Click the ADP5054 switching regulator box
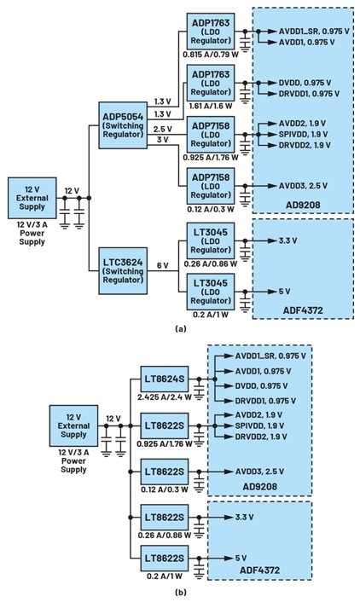pos(123,125)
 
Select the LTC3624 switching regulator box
pos(123,271)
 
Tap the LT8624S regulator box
pos(165,379)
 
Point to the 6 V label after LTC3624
pos(162,266)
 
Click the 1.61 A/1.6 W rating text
pos(211,106)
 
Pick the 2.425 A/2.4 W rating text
pos(165,397)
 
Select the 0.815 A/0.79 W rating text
pos(211,54)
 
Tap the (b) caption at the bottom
pos(180,593)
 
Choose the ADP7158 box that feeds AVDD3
pos(211,186)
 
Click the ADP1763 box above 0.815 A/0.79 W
pos(211,31)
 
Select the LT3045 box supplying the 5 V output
pos(211,292)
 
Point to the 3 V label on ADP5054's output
pos(163,140)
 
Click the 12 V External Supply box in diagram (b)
pos(73,425)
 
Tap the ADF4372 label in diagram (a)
pos(303,310)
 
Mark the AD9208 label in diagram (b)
pos(259,486)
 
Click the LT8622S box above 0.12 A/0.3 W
pos(165,471)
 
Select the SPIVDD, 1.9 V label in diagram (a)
pos(303,134)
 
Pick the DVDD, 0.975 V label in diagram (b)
pos(261,386)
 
